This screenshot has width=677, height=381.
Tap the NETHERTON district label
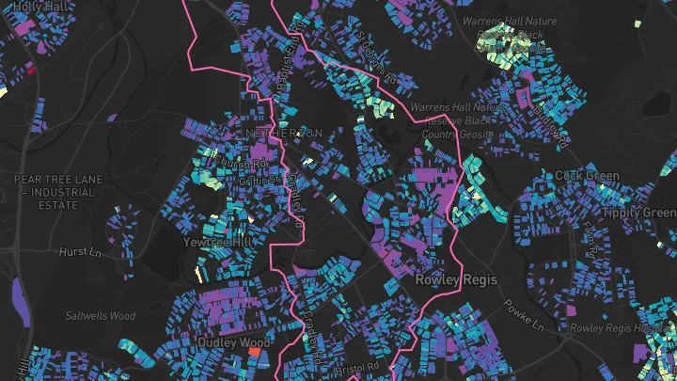(282, 134)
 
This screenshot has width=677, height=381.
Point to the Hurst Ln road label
(79, 252)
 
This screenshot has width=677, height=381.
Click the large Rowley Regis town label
(455, 279)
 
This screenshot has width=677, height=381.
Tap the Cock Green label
(587, 176)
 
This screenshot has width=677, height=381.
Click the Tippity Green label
(648, 213)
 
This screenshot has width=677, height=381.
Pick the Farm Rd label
(591, 242)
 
